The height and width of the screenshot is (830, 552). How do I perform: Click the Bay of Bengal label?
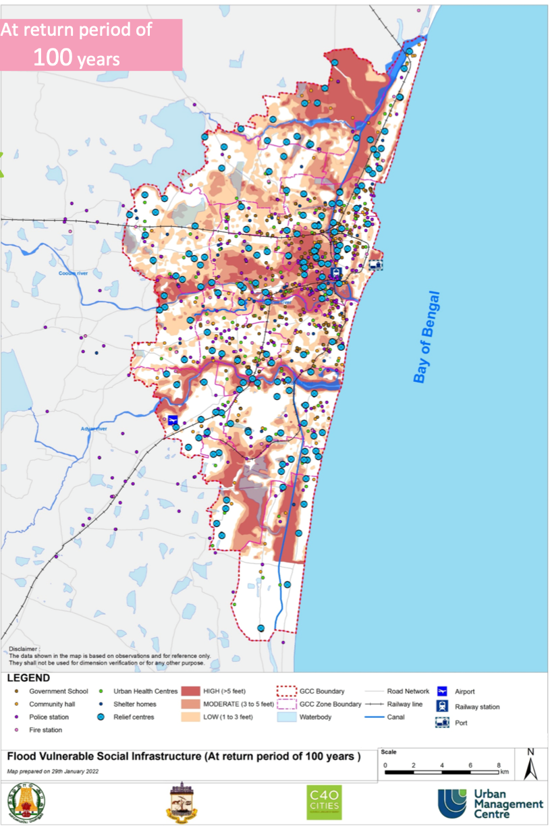[426, 337]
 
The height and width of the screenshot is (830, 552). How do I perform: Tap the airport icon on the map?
[173, 420]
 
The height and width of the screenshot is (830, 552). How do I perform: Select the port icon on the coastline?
[376, 265]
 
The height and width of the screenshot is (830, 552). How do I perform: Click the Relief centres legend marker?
[101, 717]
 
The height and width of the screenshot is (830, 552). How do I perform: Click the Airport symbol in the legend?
[443, 691]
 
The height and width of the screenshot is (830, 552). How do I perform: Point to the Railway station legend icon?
[443, 707]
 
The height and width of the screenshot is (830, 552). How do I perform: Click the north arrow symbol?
[530, 765]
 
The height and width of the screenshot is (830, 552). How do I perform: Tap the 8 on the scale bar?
[499, 765]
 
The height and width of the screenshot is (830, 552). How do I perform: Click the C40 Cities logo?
[325, 803]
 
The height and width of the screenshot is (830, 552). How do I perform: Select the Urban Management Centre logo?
[490, 804]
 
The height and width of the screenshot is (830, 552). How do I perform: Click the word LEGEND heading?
[29, 678]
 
